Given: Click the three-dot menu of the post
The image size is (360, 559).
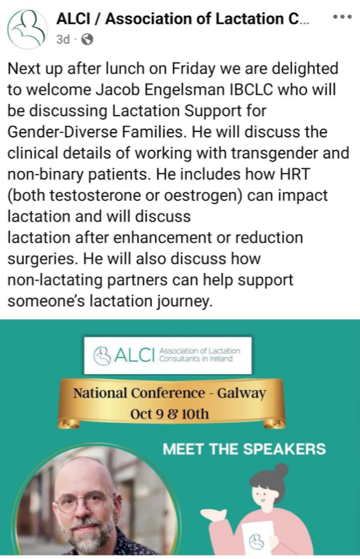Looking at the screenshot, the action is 342,16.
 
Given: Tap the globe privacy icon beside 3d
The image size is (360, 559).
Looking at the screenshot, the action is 87,39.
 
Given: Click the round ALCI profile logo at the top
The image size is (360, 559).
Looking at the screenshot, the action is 27,29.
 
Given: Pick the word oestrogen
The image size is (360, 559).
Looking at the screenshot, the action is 204,196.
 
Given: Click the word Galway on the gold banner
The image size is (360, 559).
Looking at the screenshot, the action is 242,393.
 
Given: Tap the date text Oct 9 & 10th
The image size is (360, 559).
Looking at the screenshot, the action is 170,414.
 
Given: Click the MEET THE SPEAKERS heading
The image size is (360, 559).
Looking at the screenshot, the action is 244,450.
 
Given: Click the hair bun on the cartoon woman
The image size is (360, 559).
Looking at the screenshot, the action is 281,471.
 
